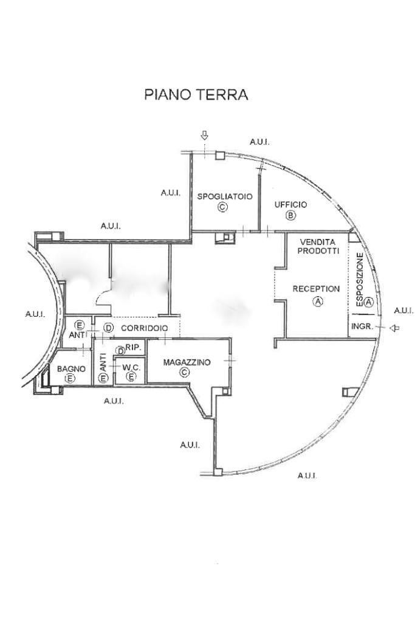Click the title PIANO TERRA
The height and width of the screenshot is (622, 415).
196,95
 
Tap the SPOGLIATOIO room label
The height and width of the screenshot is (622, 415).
222,196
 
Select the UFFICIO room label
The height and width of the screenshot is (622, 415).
290,205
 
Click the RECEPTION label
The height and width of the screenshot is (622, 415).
316,289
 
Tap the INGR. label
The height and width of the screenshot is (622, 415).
362,327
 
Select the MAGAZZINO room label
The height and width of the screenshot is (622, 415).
187,362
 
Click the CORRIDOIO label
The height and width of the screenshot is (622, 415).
144,328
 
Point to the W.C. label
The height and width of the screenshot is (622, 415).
131,368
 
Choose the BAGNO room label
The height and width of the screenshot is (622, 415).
70,368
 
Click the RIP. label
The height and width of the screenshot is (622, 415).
134,348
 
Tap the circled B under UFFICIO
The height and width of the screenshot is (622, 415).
290,216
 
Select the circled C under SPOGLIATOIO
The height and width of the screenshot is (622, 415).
222,207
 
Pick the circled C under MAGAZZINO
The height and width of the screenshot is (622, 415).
185,373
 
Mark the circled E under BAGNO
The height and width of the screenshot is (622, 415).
70,379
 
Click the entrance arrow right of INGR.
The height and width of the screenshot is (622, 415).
395,328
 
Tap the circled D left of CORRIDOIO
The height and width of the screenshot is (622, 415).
108,328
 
